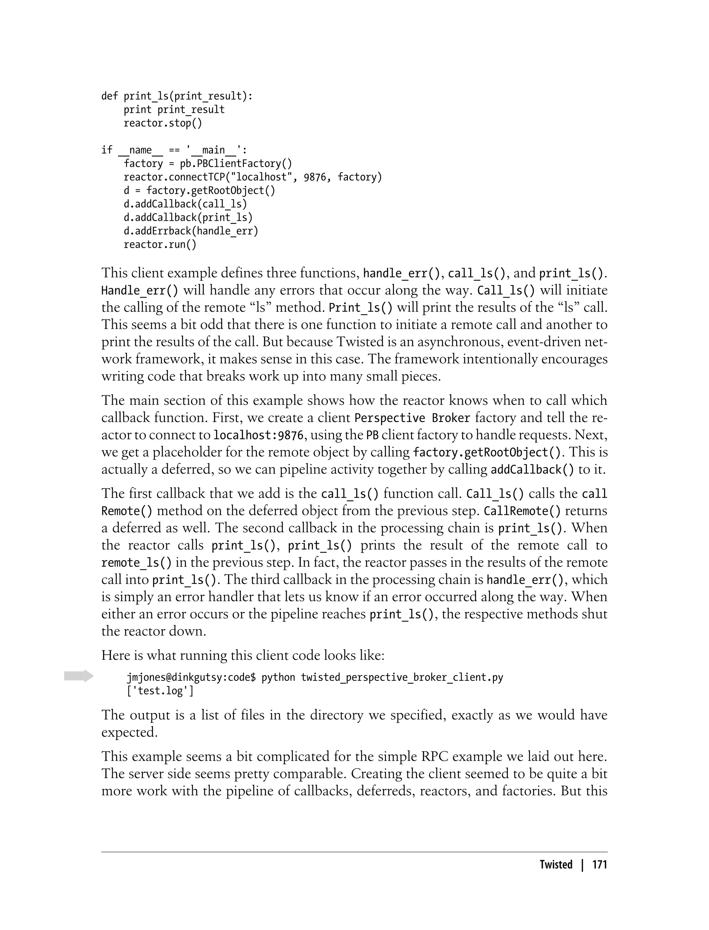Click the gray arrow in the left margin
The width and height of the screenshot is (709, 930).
pyautogui.click(x=79, y=676)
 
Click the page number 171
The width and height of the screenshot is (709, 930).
pyautogui.click(x=599, y=865)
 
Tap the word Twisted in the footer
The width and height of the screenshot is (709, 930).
pyautogui.click(x=556, y=865)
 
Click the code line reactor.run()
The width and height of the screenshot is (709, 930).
pyautogui.click(x=160, y=245)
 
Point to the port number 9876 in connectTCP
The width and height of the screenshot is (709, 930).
pyautogui.click(x=315, y=177)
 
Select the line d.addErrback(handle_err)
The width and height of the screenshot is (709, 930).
pyautogui.click(x=191, y=231)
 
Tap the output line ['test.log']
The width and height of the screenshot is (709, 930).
pyautogui.click(x=160, y=691)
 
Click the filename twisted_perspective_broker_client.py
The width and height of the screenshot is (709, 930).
pyautogui.click(x=402, y=677)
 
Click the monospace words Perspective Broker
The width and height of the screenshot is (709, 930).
pyautogui.click(x=412, y=418)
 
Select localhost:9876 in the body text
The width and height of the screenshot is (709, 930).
pyautogui.click(x=258, y=435)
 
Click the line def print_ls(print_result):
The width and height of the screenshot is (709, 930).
pyautogui.click(x=177, y=96)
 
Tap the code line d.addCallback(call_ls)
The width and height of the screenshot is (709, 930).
pyautogui.click(x=185, y=204)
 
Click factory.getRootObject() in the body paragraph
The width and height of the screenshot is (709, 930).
pyautogui.click(x=488, y=453)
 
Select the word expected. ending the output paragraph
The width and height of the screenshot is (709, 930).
pyautogui.click(x=129, y=732)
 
